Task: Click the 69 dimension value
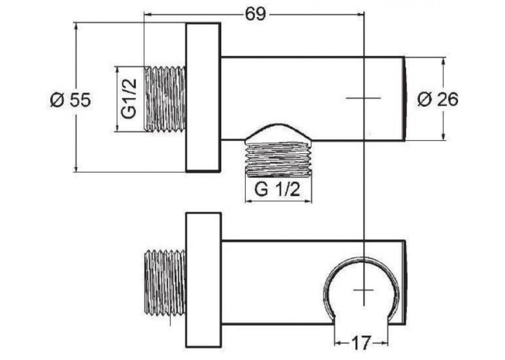point(255,14)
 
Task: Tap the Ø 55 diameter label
point(71,100)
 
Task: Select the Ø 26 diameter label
point(438,99)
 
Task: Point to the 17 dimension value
point(361,343)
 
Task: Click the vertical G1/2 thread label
point(129,98)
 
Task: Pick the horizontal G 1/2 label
point(277,190)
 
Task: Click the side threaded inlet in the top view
point(165,99)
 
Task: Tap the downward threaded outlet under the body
point(279,159)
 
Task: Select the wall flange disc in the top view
point(203,97)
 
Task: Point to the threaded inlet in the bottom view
point(165,283)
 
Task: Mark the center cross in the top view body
point(363,98)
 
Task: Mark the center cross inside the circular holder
point(363,290)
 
